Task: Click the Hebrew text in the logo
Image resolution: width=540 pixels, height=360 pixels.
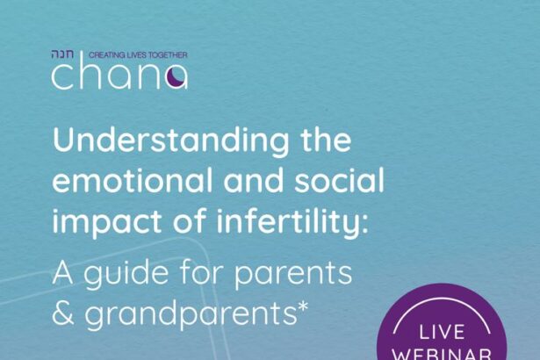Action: tap(62, 54)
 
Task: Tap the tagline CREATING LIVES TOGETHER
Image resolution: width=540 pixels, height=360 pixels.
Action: tap(138, 54)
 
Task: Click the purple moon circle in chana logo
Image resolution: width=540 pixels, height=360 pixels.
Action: tap(176, 76)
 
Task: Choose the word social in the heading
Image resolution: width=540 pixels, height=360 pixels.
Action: tap(339, 181)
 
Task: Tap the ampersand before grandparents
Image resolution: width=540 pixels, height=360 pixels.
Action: tap(63, 313)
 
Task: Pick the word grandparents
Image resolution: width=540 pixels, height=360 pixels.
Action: tap(191, 314)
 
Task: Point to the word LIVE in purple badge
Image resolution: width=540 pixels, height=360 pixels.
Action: tap(442, 333)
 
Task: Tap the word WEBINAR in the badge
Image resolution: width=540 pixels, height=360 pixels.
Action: tap(442, 354)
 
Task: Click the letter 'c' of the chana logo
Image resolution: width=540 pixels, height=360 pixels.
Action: tap(62, 76)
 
